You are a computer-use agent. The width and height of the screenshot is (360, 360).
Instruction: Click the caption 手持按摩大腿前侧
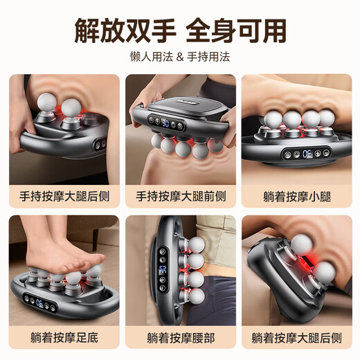pos(180,196)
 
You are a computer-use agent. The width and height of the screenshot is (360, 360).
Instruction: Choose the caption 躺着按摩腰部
pos(180,338)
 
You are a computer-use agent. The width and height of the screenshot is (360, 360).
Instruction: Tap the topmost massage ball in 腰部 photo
pos(194,239)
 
